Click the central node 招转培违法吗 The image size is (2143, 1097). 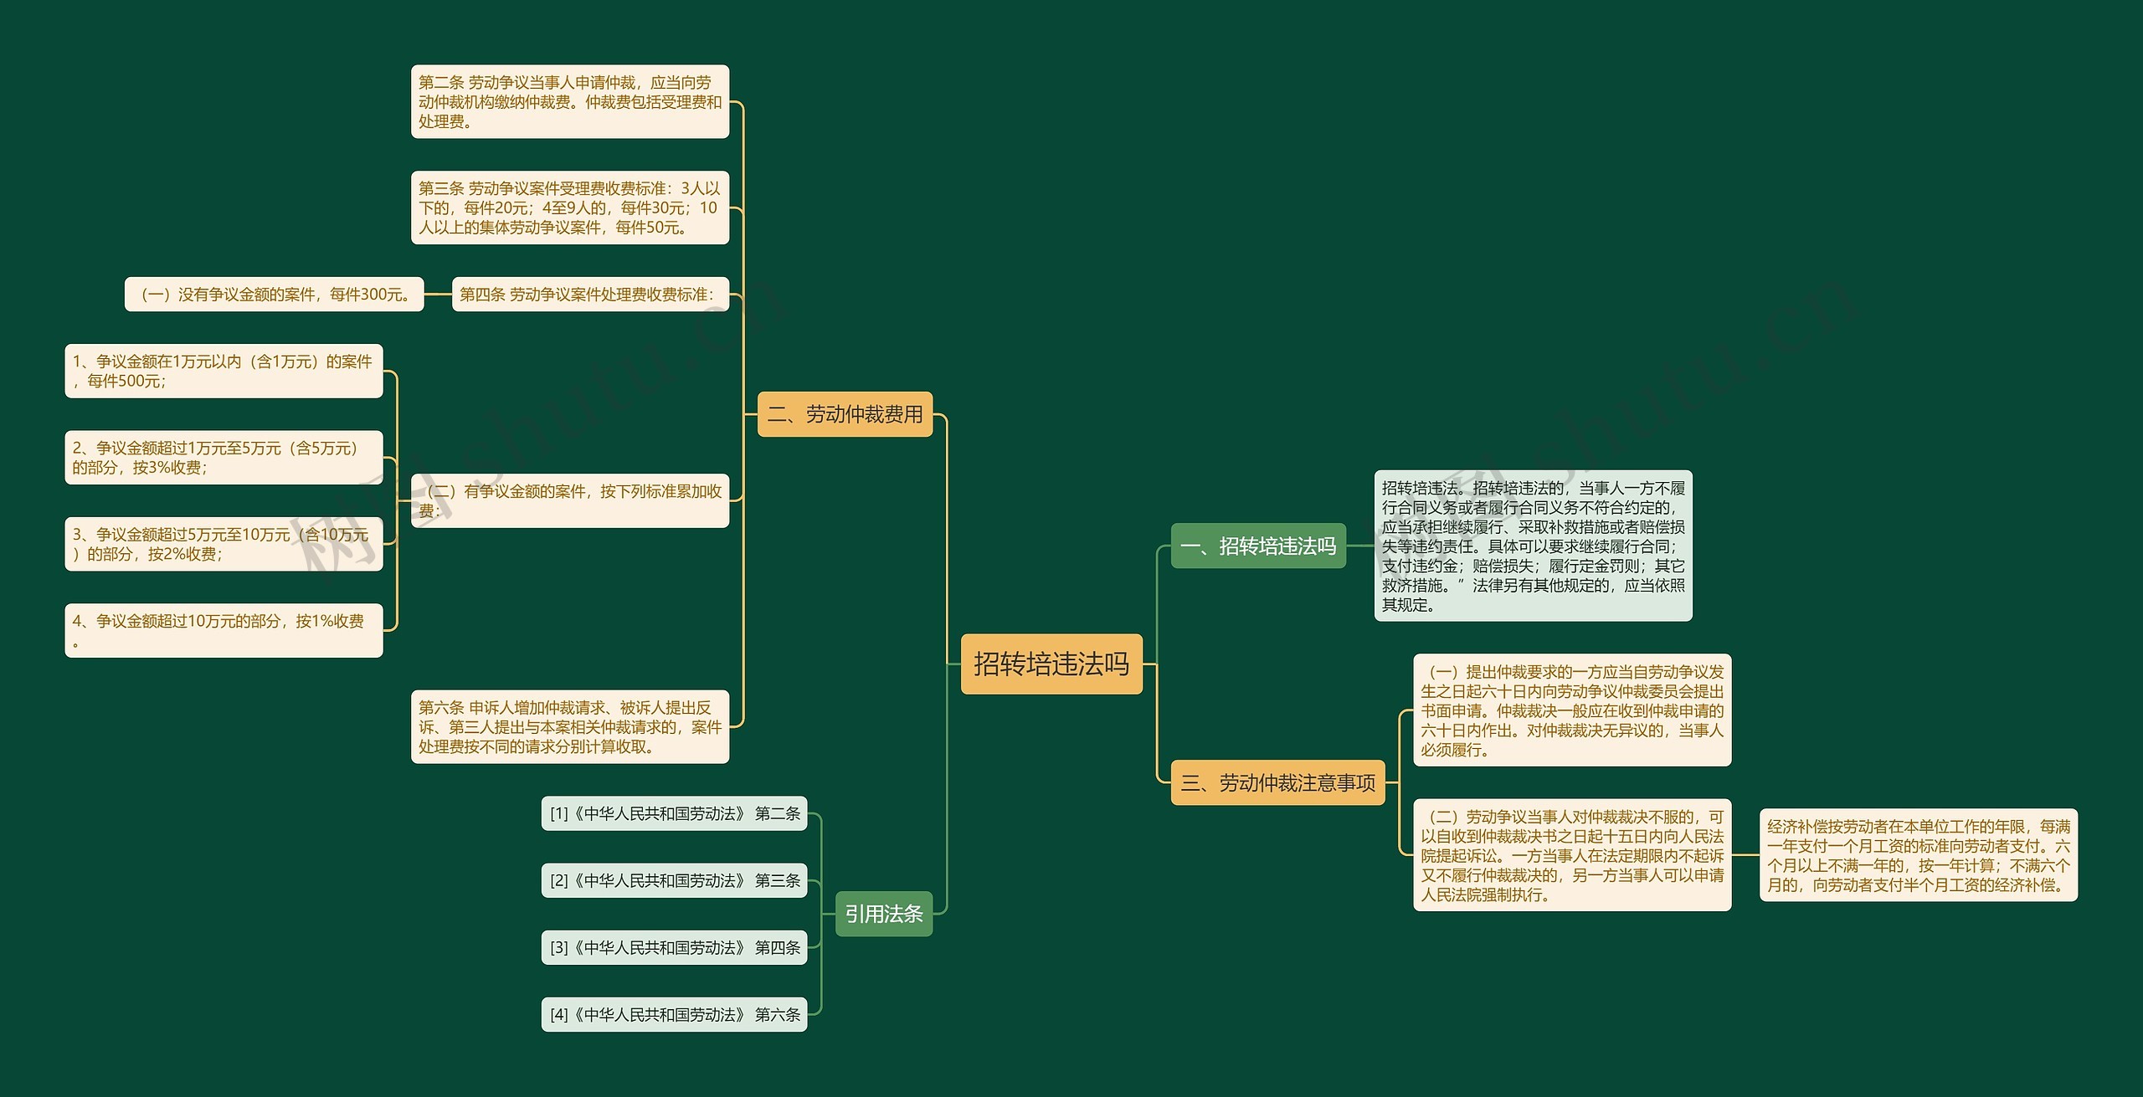1051,664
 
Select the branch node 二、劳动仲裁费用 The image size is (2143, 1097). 845,414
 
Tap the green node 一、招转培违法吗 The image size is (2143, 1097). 1257,546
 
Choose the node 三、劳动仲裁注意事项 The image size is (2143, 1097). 1277,783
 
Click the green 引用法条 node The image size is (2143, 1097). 883,914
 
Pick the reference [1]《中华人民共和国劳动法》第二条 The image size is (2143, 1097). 674,813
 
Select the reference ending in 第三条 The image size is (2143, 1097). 674,880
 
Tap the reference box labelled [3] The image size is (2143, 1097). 674,947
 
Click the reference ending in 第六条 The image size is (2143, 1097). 674,1014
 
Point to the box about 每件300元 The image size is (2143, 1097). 275,295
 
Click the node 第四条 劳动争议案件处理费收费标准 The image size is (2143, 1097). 590,295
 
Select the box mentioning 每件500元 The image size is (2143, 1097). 224,372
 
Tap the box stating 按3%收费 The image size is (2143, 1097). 224,458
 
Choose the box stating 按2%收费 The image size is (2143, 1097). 224,544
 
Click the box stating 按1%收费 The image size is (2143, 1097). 224,630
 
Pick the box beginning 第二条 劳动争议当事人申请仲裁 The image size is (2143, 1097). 569,101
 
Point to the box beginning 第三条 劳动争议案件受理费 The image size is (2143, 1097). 569,208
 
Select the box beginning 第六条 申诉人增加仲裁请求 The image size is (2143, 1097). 569,726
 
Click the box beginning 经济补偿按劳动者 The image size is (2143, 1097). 1918,855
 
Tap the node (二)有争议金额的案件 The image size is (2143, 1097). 569,500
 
